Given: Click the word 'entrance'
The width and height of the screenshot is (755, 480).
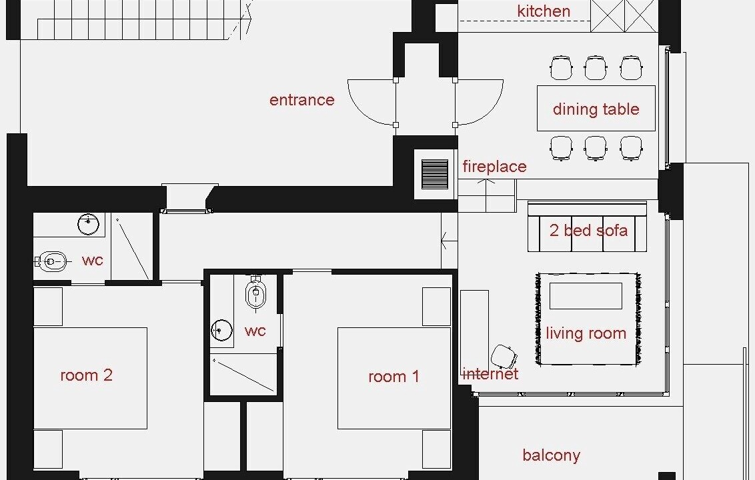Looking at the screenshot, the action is (302, 100).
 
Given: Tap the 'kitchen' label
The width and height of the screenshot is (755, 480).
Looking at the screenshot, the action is (544, 11).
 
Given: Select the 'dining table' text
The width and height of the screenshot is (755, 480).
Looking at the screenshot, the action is (596, 109).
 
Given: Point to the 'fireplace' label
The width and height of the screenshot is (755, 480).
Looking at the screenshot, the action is (494, 167).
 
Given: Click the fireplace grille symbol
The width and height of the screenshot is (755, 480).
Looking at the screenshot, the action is (435, 174).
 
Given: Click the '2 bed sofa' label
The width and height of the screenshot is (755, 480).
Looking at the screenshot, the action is (588, 230).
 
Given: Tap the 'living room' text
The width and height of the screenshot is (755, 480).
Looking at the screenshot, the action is (586, 333).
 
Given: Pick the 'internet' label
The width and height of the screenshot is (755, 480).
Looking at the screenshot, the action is (490, 373).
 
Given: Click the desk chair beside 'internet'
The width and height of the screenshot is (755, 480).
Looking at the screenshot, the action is (504, 357).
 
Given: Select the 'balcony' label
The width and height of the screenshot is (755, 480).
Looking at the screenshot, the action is (552, 455).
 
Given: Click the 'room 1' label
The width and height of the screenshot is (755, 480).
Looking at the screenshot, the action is (394, 377).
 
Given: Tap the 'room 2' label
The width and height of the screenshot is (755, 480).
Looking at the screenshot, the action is (87, 375).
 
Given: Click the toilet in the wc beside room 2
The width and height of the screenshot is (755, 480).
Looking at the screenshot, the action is (51, 261).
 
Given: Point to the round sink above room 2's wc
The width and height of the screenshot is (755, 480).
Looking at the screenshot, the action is (88, 224).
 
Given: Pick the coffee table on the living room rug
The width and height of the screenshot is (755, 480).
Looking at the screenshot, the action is (586, 295).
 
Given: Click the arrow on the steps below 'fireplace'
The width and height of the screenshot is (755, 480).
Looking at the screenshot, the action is (486, 181).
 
